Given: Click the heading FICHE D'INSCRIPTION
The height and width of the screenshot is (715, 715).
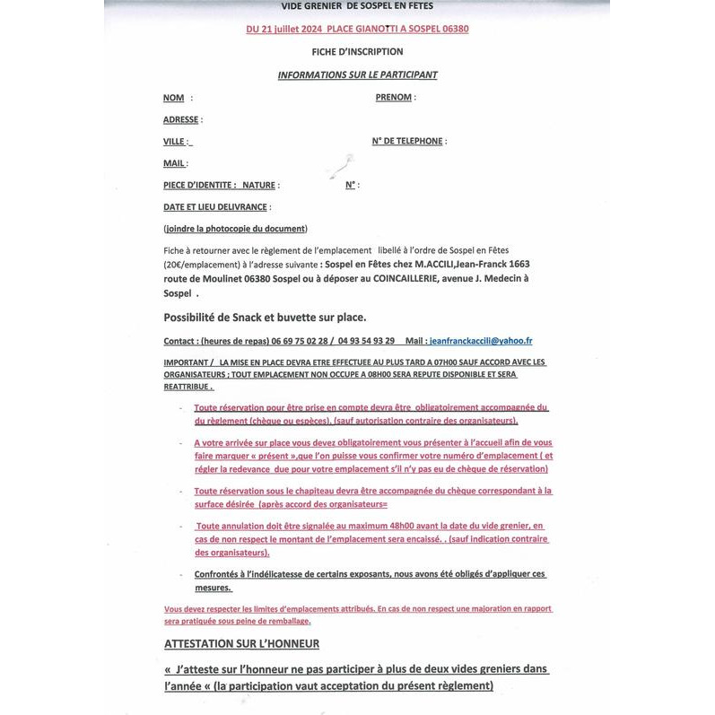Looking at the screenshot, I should (357, 52).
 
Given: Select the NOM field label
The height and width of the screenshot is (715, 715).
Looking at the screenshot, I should (174, 97).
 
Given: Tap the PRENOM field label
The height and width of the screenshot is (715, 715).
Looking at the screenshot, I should (394, 97).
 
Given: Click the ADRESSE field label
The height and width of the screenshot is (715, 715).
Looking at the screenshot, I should (181, 119).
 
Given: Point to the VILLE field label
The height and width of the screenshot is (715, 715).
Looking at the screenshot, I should (175, 142).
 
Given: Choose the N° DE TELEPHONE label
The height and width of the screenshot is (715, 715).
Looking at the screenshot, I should (407, 141).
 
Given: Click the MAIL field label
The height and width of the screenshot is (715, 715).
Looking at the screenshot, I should (174, 163).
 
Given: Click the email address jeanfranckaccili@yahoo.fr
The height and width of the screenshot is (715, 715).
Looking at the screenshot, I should (481, 341).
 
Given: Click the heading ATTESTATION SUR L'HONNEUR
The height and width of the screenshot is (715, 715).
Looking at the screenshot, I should (242, 643).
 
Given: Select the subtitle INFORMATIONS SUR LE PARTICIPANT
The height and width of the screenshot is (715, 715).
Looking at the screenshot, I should (357, 74).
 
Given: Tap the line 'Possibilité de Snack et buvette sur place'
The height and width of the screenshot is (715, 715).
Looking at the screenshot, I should (265, 317).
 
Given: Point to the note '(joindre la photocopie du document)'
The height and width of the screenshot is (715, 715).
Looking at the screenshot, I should (235, 229).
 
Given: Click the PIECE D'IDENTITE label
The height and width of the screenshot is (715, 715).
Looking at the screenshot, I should (199, 185).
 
